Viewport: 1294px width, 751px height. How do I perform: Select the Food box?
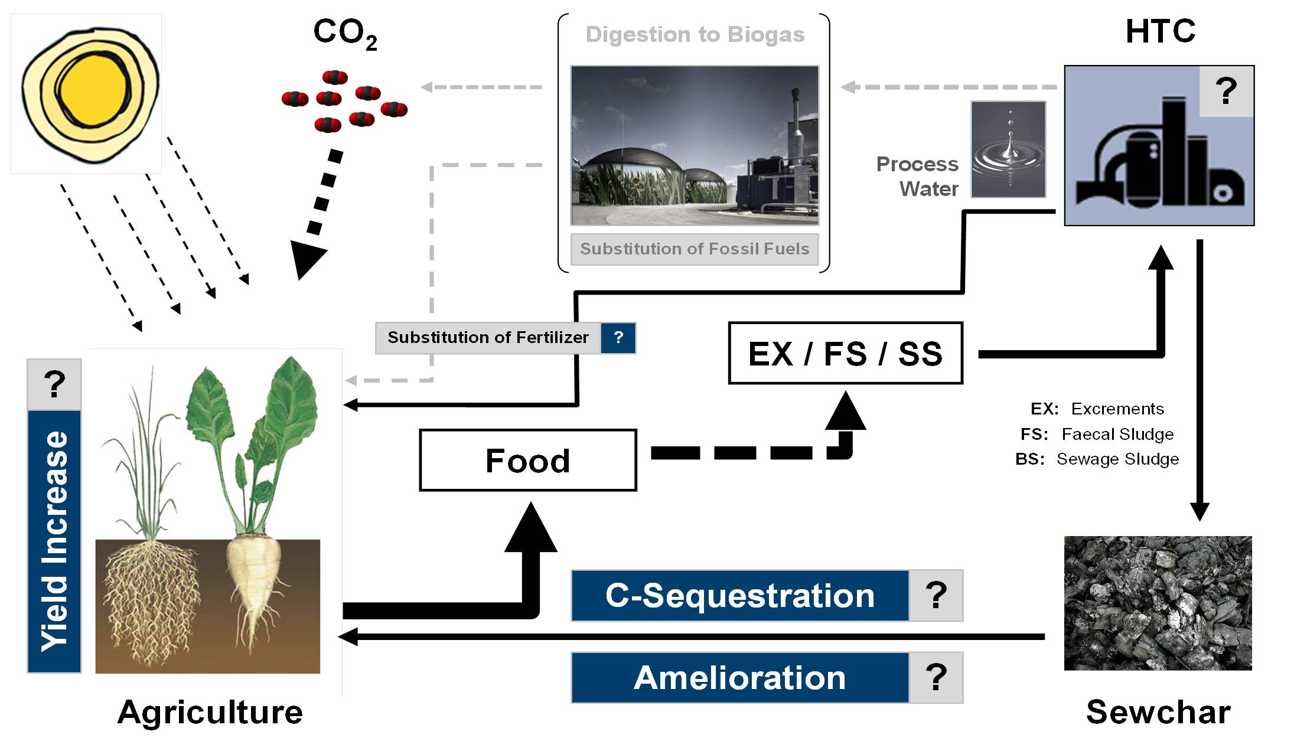click(527, 461)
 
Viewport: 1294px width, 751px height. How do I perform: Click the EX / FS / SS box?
click(845, 354)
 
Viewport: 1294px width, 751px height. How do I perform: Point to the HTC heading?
click(1160, 31)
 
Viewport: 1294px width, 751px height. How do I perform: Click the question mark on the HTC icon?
click(1226, 92)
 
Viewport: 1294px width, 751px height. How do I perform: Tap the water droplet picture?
click(1008, 149)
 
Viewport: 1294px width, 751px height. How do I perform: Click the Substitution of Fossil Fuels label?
click(694, 249)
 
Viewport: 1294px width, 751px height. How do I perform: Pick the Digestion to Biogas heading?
click(695, 35)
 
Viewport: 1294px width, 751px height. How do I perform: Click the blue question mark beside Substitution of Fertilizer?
click(618, 338)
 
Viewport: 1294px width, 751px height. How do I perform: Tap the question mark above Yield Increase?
click(54, 384)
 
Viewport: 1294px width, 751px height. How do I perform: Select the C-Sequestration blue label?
click(739, 596)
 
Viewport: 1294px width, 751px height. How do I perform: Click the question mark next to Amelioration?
click(936, 678)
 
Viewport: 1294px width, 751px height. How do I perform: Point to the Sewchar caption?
click(1158, 712)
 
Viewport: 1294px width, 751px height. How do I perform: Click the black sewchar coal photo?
click(1158, 603)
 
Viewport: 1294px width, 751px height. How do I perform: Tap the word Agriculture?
click(210, 712)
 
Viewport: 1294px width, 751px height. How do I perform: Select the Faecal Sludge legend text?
click(1117, 435)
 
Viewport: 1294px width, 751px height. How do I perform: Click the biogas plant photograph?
click(694, 145)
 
